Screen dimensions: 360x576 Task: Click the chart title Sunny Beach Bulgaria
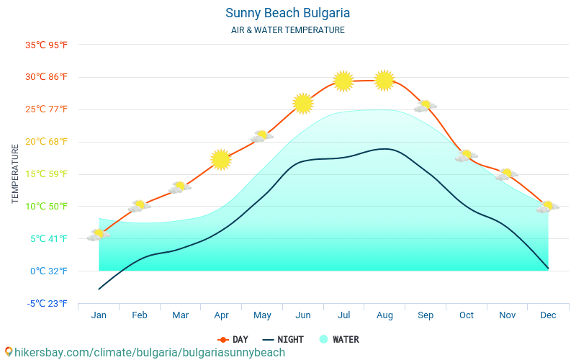click(287, 13)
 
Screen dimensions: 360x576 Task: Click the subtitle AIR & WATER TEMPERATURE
click(287, 30)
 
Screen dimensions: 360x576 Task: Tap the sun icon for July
click(343, 81)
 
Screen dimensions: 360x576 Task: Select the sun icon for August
click(384, 81)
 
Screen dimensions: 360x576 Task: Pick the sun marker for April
click(221, 159)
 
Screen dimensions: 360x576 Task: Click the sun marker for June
click(303, 104)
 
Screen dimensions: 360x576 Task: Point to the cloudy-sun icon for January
click(99, 235)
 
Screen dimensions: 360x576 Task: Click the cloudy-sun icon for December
click(547, 207)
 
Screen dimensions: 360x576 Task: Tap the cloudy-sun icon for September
click(425, 107)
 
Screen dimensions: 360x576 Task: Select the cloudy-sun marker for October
click(466, 156)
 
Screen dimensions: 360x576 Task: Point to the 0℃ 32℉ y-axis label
click(48, 271)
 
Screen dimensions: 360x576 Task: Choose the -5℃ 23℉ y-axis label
click(48, 303)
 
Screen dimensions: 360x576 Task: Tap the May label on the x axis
click(262, 315)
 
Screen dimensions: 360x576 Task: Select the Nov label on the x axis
click(507, 315)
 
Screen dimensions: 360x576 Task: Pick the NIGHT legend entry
click(283, 339)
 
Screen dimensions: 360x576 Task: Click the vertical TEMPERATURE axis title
click(16, 174)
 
